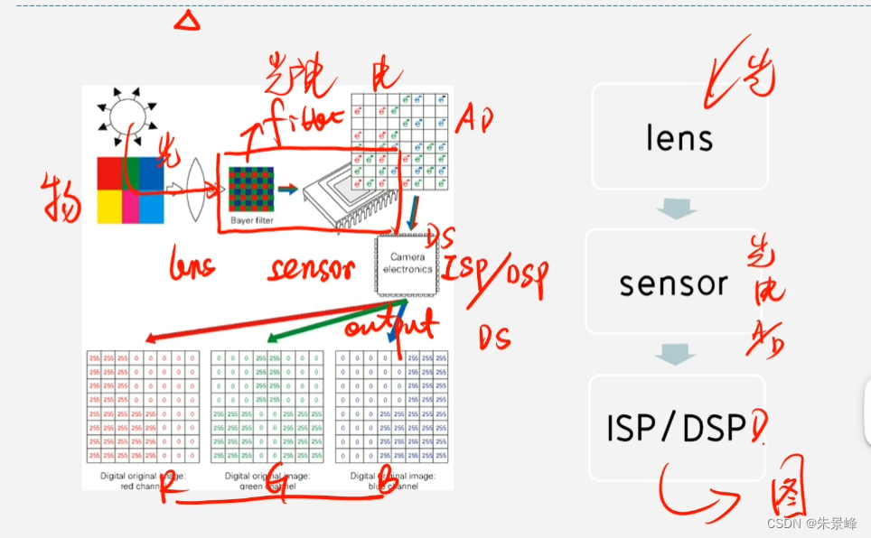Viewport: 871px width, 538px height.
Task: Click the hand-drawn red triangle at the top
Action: [187, 20]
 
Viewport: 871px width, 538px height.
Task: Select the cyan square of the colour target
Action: [150, 207]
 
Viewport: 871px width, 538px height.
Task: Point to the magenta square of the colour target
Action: [131, 207]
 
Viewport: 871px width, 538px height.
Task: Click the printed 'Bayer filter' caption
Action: [251, 220]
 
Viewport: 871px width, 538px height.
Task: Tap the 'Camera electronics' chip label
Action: [407, 264]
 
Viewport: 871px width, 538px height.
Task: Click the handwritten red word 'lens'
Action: [192, 264]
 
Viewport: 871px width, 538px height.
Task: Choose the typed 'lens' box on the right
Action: [679, 137]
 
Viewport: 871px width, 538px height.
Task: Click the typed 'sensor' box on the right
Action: [674, 283]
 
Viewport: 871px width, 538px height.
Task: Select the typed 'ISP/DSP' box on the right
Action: [676, 429]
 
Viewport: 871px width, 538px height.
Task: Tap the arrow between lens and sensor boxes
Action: [677, 209]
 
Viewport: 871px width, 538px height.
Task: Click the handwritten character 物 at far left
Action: [61, 198]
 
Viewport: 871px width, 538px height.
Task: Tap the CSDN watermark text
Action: [812, 524]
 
